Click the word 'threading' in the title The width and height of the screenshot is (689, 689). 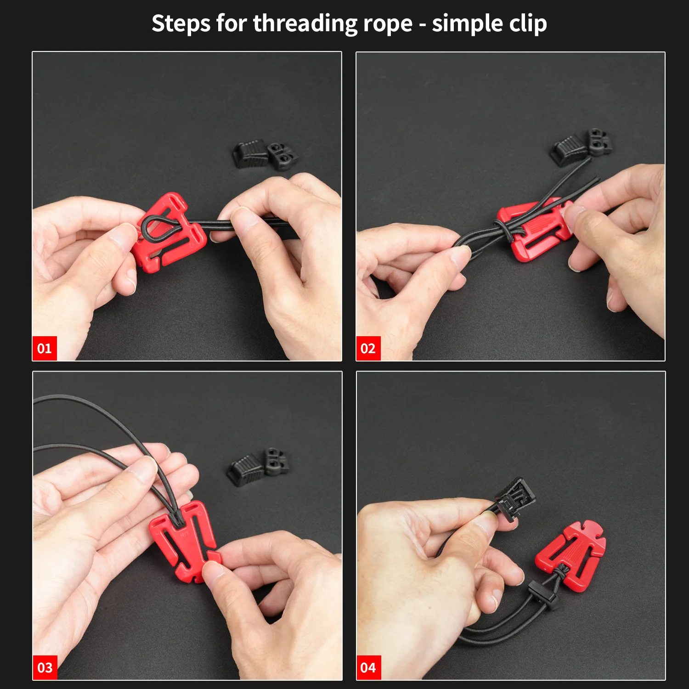[x=305, y=24]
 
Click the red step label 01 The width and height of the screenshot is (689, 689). [x=45, y=348]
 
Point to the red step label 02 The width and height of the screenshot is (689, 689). [x=368, y=348]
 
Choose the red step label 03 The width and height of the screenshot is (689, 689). [x=45, y=667]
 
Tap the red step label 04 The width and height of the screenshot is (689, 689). [x=368, y=667]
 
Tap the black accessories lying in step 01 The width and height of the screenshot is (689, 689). [x=265, y=154]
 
